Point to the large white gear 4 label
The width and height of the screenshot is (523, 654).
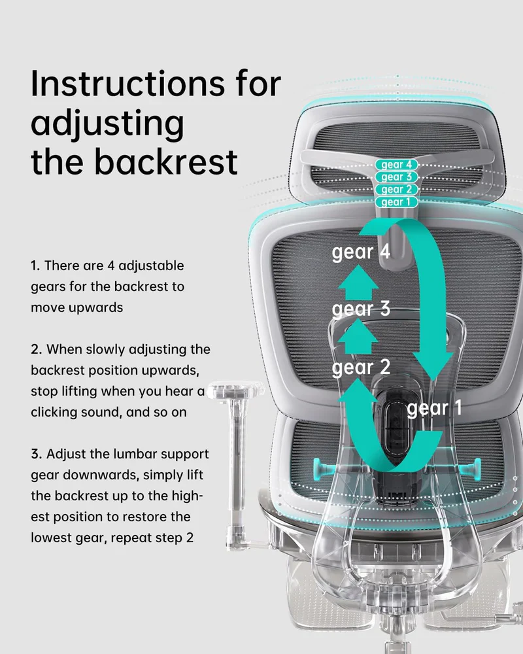coord(361,252)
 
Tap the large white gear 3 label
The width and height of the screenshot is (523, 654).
coord(361,309)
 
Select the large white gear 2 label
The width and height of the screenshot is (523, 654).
coord(361,368)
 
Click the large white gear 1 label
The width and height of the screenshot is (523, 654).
coord(434,409)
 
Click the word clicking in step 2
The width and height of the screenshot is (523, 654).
coord(56,413)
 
